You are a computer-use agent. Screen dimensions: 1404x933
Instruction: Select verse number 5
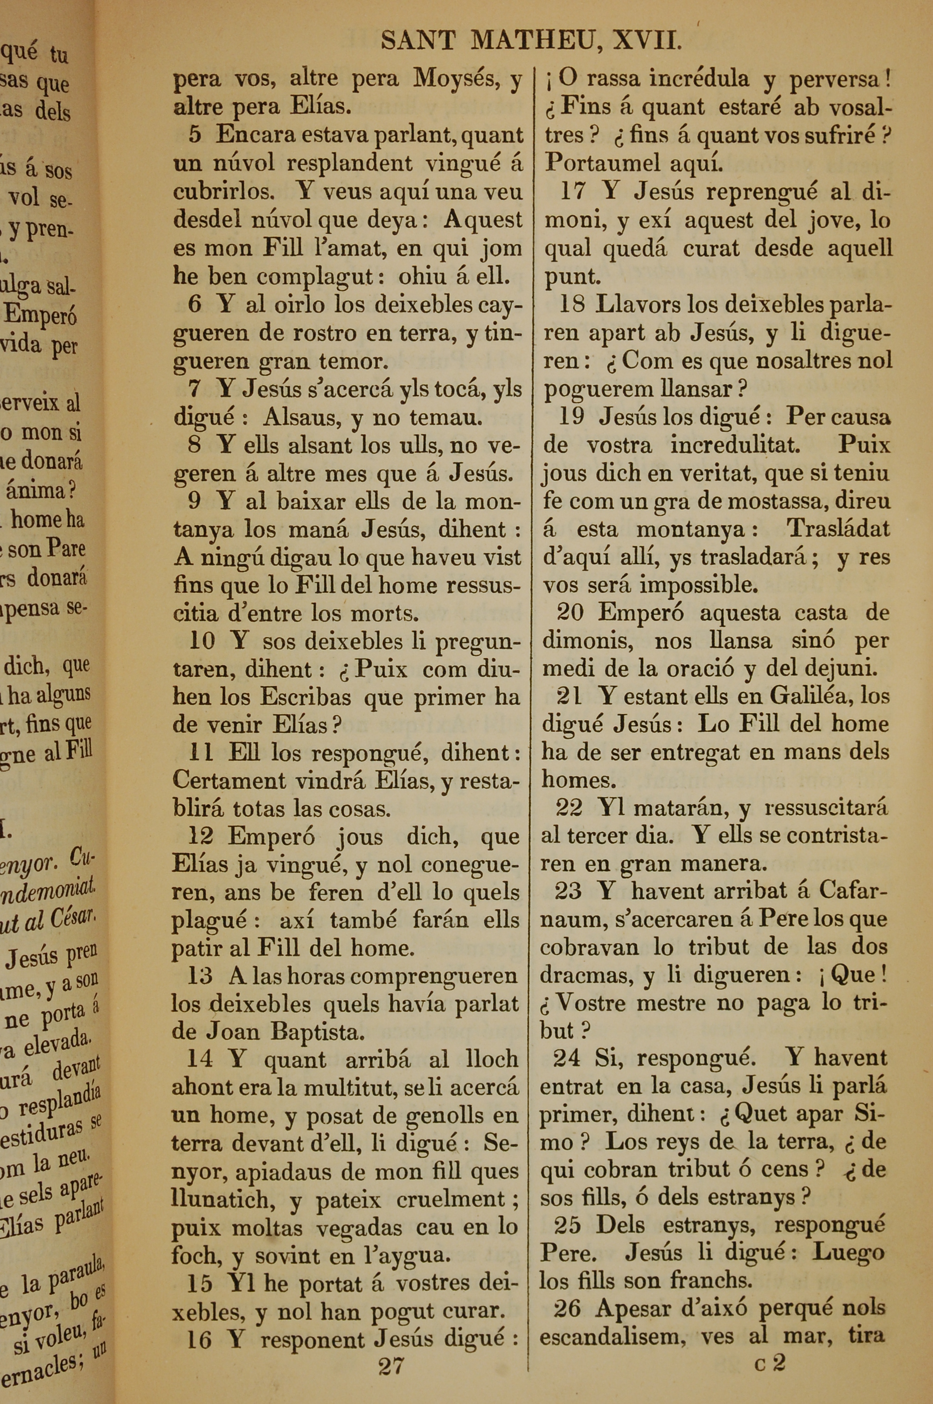(195, 135)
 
